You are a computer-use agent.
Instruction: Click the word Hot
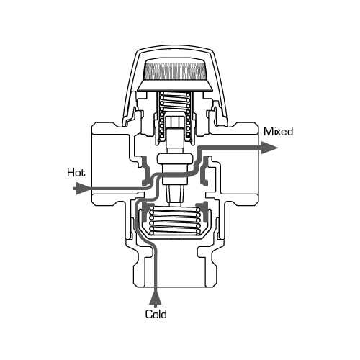coord(76,173)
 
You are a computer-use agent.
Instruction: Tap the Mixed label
coord(279,132)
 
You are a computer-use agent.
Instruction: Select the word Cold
coord(156,314)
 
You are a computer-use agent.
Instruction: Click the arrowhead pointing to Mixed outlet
coord(269,148)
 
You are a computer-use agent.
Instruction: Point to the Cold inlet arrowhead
coord(156,298)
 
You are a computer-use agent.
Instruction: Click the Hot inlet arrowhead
coord(81,189)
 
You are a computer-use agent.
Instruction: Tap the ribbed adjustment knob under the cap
coord(175,69)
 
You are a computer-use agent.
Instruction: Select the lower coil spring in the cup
coord(174,221)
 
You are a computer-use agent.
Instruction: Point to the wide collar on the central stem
coord(175,159)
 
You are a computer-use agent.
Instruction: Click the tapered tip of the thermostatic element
coord(175,196)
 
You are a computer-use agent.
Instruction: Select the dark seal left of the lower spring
coord(145,212)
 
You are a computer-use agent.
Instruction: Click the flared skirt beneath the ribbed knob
coord(175,86)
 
